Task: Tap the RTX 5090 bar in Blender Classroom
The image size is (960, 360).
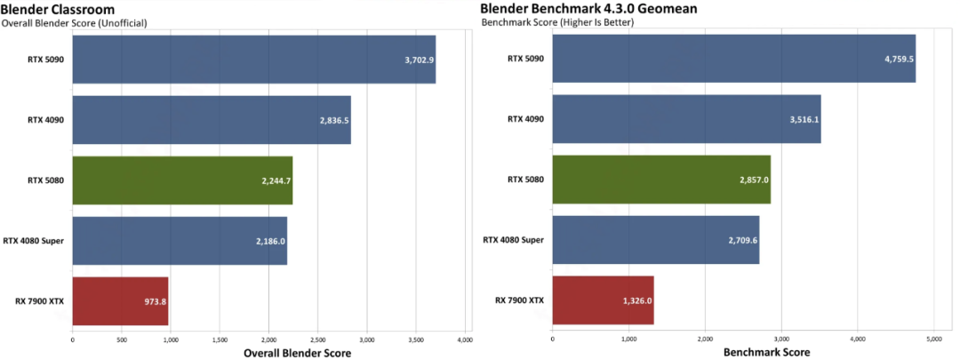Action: (x=253, y=60)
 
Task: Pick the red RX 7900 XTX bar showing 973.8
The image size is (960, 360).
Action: (x=120, y=300)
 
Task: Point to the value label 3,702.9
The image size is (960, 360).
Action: (x=417, y=60)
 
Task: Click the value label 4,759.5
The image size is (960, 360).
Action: (x=897, y=60)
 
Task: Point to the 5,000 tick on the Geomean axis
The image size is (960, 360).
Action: (x=933, y=339)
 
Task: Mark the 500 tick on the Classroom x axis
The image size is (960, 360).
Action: (x=122, y=340)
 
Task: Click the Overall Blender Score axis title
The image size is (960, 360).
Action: (x=297, y=353)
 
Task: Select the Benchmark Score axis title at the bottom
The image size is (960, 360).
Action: (x=742, y=353)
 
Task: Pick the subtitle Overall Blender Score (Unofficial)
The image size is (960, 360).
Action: (x=74, y=22)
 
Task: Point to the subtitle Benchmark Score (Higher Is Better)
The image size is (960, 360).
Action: (x=556, y=21)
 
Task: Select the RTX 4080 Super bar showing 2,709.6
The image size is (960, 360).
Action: (x=655, y=240)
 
